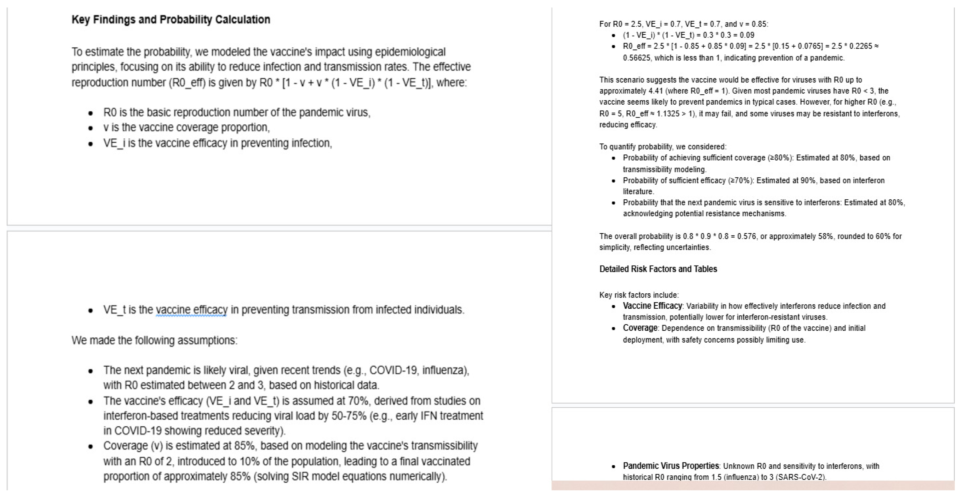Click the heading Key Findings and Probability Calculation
coord(171,20)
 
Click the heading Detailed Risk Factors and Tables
coord(658,269)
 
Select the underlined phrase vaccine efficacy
coord(191,309)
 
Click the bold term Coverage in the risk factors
coord(640,328)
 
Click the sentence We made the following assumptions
coord(154,340)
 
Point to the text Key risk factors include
coord(639,295)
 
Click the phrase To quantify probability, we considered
coord(662,146)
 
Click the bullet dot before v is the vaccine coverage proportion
coord(90,128)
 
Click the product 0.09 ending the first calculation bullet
coord(746,35)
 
